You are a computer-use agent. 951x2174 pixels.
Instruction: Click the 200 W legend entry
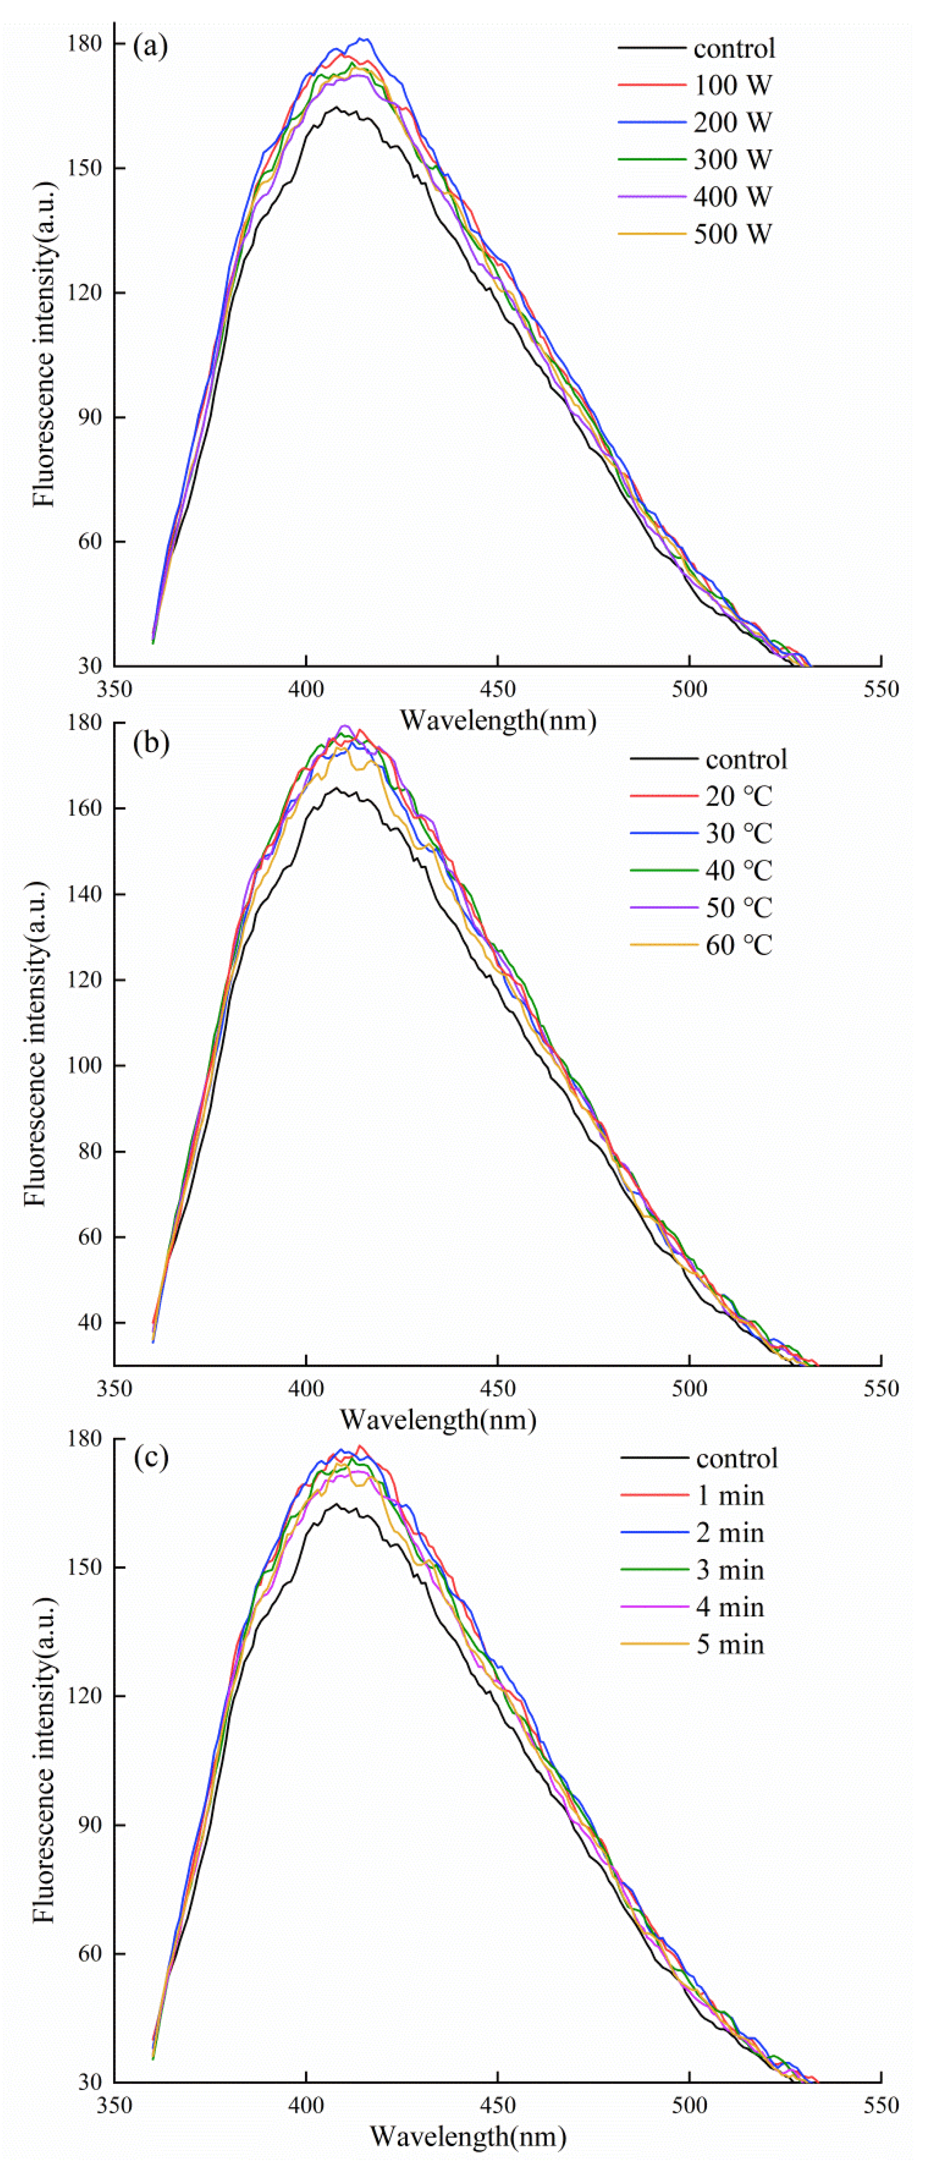[x=732, y=122]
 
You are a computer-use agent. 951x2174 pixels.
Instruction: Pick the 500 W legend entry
[x=732, y=234]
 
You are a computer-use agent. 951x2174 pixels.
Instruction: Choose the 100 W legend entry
[x=732, y=85]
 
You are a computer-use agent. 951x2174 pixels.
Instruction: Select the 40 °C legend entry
[x=739, y=870]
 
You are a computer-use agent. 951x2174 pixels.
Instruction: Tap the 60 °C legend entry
[x=739, y=944]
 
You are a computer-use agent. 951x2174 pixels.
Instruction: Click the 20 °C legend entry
[x=739, y=796]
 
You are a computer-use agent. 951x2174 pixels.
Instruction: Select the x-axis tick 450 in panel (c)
[x=497, y=2105]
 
